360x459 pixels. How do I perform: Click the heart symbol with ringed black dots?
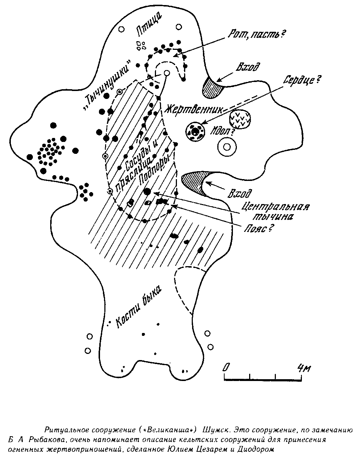[x=195, y=131]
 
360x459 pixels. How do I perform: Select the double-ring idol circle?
[x=227, y=147]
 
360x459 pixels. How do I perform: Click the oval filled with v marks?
[x=240, y=118]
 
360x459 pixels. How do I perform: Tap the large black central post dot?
[x=147, y=191]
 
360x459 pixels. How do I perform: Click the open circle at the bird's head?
[x=166, y=73]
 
